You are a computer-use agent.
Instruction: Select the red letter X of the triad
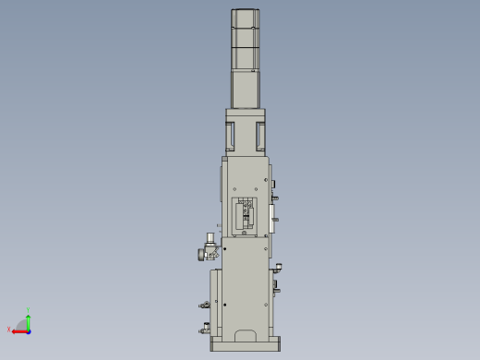[x=9, y=330]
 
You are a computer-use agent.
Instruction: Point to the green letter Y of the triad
[x=29, y=309]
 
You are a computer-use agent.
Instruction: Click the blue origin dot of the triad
[x=29, y=330]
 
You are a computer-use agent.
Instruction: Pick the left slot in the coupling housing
[x=232, y=136]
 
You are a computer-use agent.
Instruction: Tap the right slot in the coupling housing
[x=260, y=136]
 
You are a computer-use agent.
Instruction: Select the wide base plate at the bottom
[x=246, y=345]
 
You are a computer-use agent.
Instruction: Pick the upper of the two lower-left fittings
[x=204, y=304]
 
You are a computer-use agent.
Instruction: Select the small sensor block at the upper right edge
[x=273, y=183]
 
